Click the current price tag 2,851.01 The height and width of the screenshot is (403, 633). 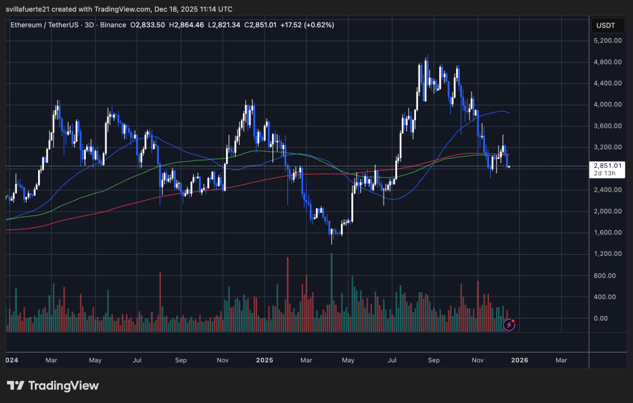607,166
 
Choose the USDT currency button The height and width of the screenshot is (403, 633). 606,25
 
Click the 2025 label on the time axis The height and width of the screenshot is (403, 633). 264,360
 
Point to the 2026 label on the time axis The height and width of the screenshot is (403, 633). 519,360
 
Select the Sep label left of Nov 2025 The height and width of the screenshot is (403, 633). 434,360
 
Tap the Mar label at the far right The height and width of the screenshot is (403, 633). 561,360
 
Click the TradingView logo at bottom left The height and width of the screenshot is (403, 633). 53,386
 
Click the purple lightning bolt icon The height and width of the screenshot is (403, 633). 509,325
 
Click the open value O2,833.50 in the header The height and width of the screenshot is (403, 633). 148,25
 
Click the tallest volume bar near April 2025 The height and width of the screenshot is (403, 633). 332,290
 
